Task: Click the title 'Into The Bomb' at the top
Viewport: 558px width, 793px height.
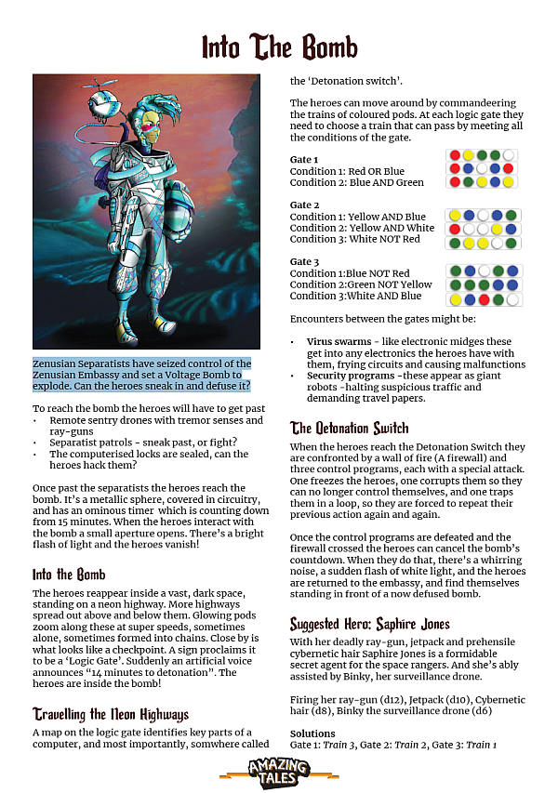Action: (279, 46)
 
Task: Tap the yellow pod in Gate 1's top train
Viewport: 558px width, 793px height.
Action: (469, 155)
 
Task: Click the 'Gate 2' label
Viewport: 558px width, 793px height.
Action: (304, 205)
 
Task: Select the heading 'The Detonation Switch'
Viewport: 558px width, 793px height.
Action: (349, 429)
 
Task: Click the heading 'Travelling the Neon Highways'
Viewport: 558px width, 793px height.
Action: (111, 714)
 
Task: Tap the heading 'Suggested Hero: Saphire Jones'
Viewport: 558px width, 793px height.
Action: (369, 624)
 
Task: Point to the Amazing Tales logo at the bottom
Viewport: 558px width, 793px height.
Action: (279, 771)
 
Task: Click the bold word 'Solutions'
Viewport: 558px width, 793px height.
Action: (313, 734)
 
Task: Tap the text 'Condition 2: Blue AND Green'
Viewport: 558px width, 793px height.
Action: (356, 183)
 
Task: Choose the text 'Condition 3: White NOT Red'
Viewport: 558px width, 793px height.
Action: (354, 239)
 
